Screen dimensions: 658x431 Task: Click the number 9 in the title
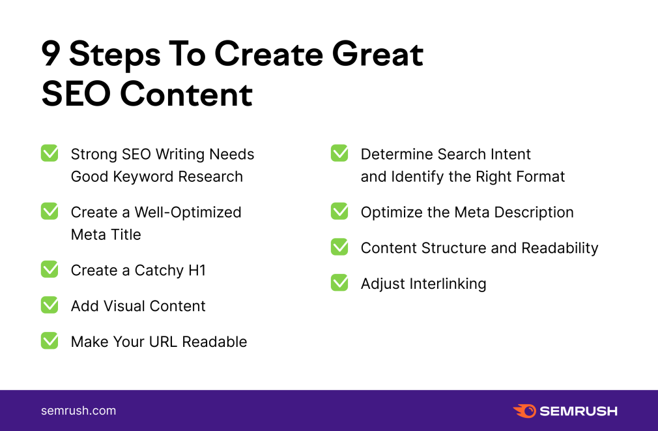click(x=51, y=53)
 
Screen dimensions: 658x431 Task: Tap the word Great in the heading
click(x=377, y=53)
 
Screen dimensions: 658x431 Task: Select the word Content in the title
click(x=186, y=94)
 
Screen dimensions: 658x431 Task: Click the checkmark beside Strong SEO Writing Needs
click(x=50, y=153)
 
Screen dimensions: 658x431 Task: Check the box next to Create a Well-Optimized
click(x=50, y=211)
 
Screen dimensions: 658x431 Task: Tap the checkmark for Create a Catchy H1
click(x=50, y=269)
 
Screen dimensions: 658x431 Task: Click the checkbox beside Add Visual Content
click(x=50, y=305)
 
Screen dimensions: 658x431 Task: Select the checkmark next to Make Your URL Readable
click(x=50, y=340)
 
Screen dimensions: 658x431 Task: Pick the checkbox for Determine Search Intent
click(x=339, y=153)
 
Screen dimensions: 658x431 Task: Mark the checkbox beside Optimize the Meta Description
click(x=339, y=211)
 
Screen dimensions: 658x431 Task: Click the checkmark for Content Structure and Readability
click(x=339, y=247)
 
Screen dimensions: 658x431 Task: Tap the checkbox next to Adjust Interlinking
click(x=339, y=283)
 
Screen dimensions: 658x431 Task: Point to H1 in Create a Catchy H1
click(x=197, y=270)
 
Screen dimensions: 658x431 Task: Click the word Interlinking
click(x=448, y=284)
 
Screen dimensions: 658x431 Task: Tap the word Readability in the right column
click(x=560, y=248)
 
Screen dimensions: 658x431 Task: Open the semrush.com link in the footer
click(x=78, y=411)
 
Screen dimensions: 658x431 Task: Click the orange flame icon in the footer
click(x=524, y=411)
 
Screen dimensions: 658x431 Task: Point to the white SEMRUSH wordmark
click(x=579, y=411)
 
